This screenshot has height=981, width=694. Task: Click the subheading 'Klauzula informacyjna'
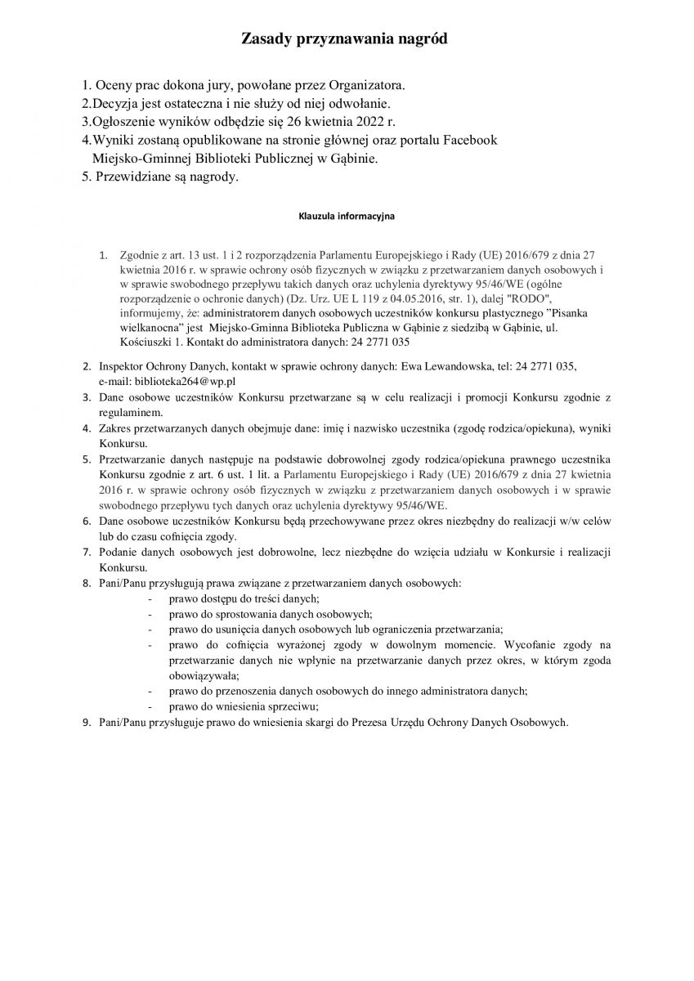pyautogui.click(x=346, y=218)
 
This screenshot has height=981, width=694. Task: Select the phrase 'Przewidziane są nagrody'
pyautogui.click(x=167, y=177)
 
